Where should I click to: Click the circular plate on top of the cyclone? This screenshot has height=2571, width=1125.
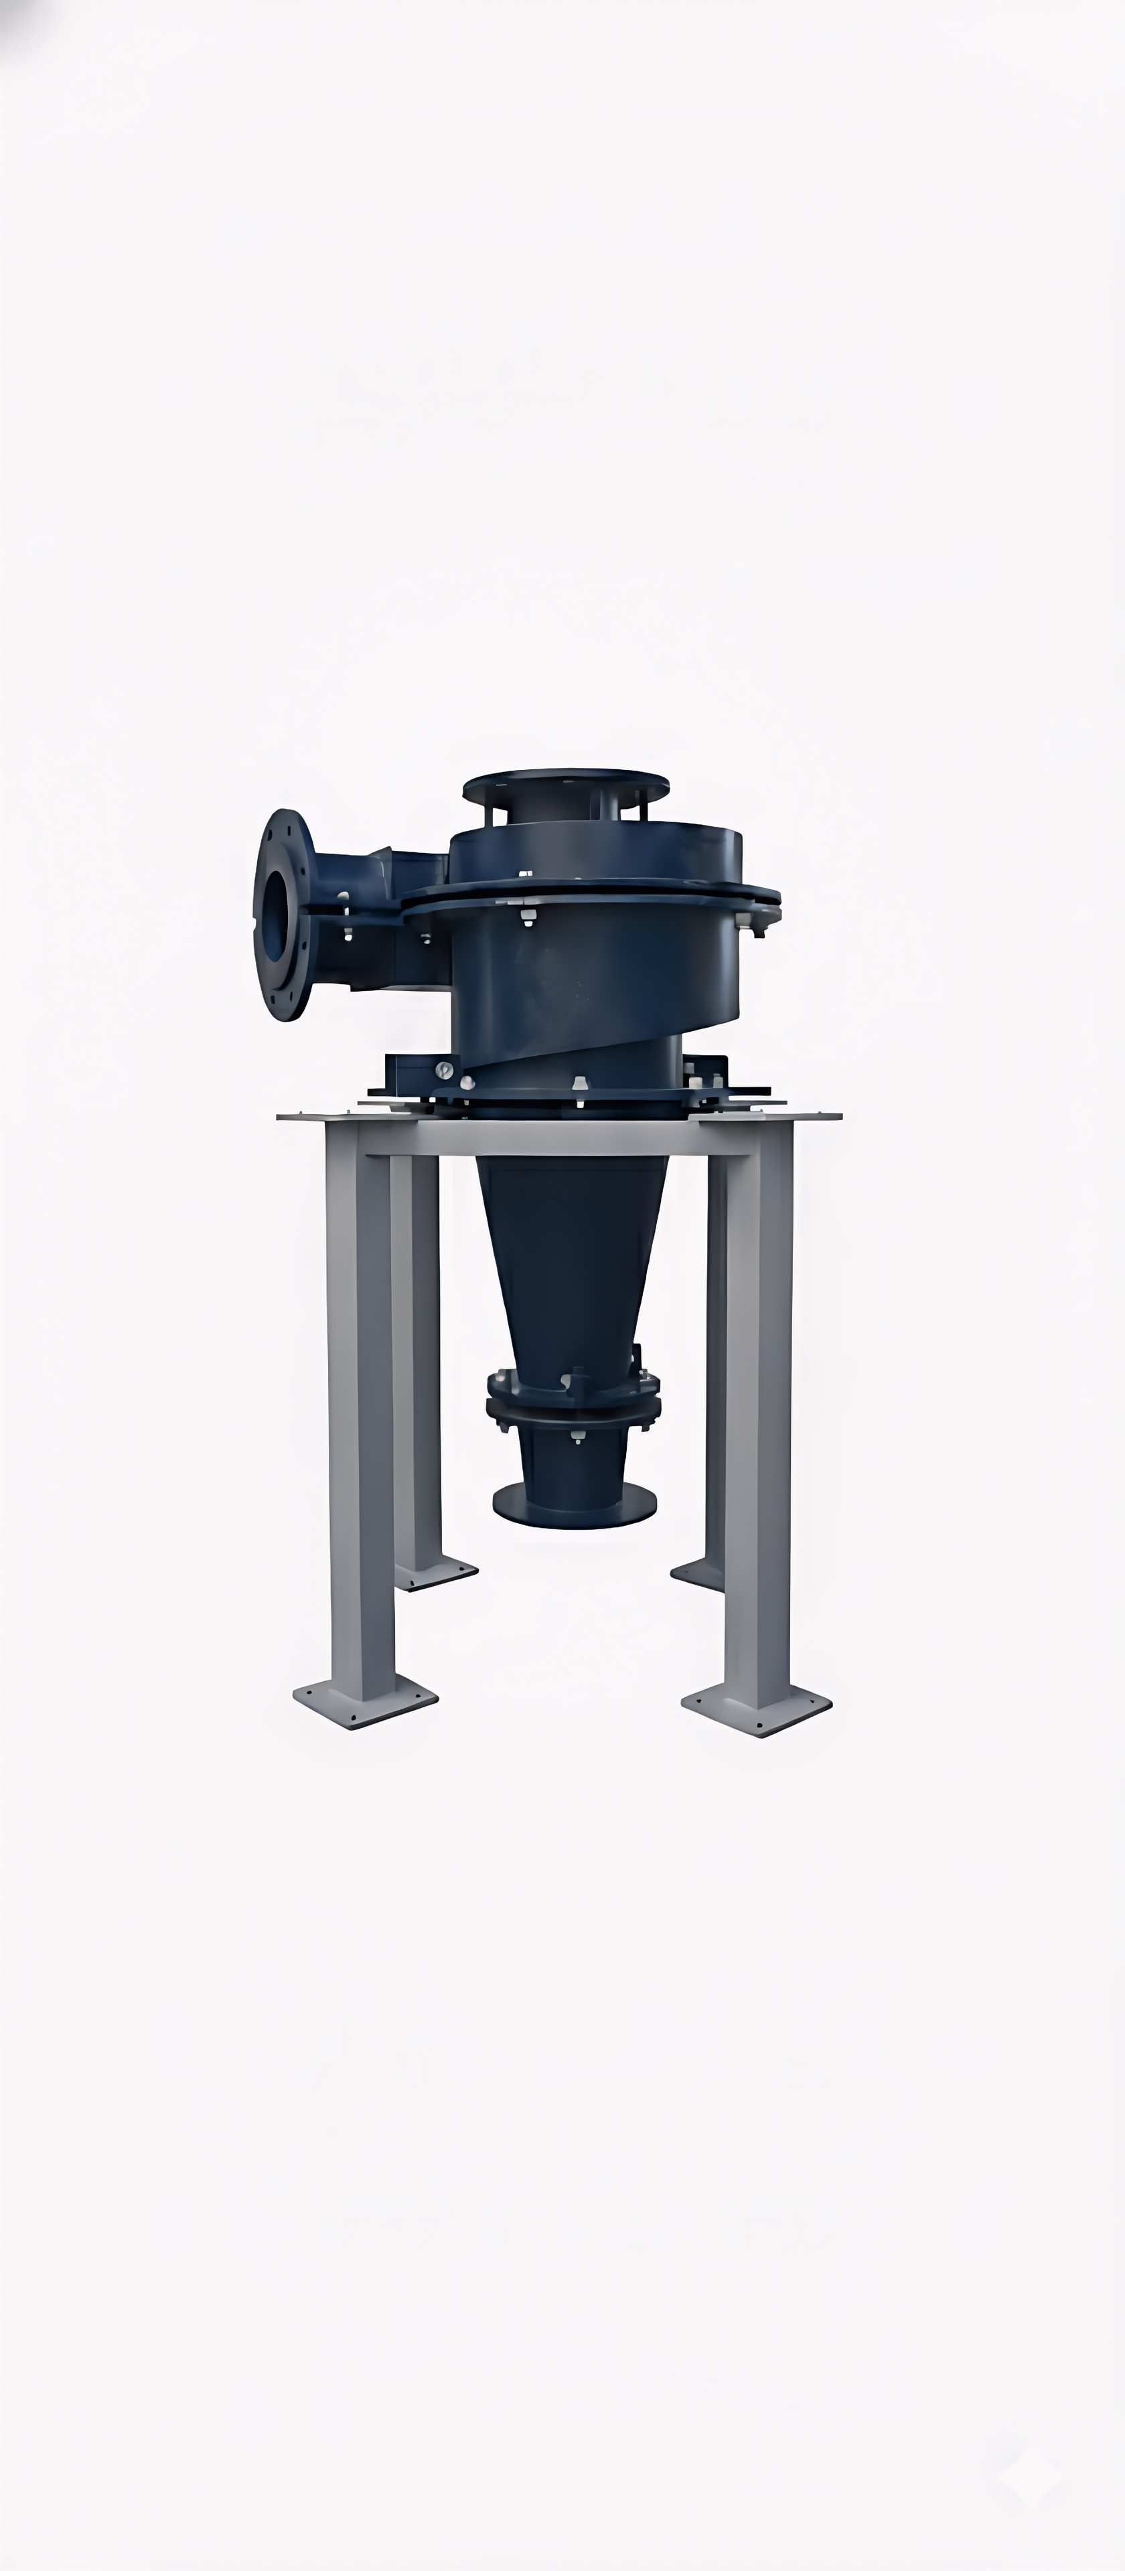tap(565, 783)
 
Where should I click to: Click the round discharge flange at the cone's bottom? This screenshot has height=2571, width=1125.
tap(575, 1501)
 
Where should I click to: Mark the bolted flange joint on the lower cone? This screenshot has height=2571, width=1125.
tap(573, 1397)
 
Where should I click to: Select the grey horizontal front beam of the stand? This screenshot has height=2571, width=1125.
tap(559, 1138)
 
